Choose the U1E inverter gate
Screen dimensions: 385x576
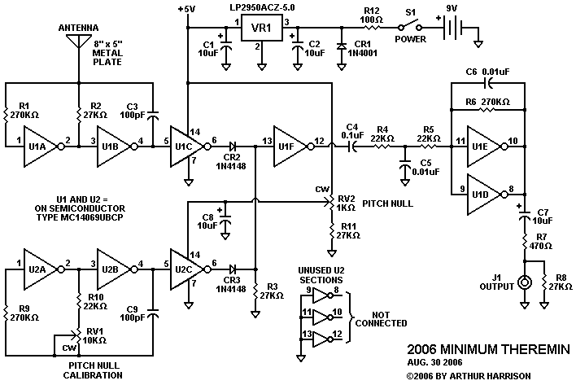click(483, 142)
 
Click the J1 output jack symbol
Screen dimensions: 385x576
click(525, 284)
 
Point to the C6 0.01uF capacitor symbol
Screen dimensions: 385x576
click(487, 82)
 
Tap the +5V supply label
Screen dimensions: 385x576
click(186, 8)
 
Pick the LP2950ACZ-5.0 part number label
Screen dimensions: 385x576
click(263, 7)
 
